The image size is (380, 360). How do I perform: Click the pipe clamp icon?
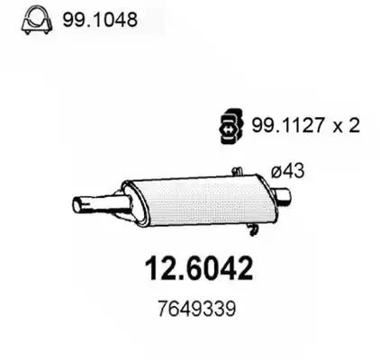[37, 21]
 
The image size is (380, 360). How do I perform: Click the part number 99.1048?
[100, 20]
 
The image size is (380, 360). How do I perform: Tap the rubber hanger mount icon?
[230, 126]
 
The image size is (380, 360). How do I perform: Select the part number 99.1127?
[286, 125]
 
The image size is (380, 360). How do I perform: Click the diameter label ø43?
[287, 171]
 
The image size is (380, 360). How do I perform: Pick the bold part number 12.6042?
[199, 268]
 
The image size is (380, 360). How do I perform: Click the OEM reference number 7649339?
[196, 309]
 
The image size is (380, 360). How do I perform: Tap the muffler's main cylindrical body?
[204, 201]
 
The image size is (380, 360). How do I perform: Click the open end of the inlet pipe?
[77, 205]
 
